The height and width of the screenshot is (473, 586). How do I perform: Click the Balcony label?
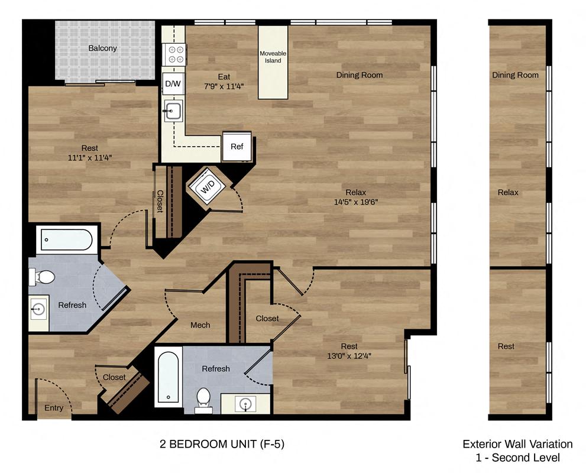click(x=103, y=48)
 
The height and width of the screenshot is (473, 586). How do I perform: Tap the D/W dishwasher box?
click(x=173, y=83)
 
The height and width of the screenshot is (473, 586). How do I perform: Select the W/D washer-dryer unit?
click(x=208, y=187)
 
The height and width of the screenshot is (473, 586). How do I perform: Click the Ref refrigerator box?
click(x=237, y=147)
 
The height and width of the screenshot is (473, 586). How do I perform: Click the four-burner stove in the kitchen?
click(x=175, y=54)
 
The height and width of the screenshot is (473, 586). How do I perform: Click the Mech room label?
click(x=200, y=325)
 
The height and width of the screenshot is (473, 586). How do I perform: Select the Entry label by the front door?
click(x=54, y=408)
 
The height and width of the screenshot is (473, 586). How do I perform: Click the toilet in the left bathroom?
click(x=44, y=276)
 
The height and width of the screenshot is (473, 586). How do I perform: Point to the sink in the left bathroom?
click(x=39, y=309)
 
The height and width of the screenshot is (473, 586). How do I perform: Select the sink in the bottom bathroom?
click(x=245, y=403)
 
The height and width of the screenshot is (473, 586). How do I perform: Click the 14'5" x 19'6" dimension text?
click(x=356, y=202)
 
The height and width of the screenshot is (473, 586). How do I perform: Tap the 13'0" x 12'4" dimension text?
click(x=349, y=355)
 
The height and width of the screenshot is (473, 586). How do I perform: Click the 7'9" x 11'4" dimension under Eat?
click(x=224, y=86)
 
